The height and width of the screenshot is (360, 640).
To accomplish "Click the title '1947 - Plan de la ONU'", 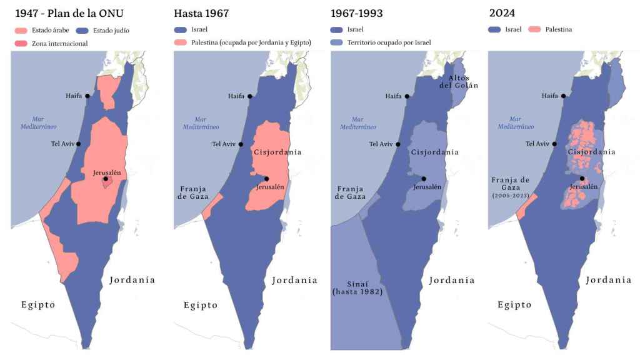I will click(x=69, y=12).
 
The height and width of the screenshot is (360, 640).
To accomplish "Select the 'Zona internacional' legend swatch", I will click(x=22, y=43).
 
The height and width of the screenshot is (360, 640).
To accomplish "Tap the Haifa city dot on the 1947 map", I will click(x=87, y=96).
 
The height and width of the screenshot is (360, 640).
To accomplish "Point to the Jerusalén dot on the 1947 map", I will click(x=106, y=179).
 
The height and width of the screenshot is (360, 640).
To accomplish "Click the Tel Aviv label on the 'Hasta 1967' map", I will click(x=224, y=144).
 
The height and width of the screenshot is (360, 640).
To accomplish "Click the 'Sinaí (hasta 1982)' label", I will click(x=357, y=288).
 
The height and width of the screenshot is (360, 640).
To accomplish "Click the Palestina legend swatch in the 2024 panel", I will click(x=534, y=29).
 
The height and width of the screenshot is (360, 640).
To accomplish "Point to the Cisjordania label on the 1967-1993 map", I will click(x=434, y=152).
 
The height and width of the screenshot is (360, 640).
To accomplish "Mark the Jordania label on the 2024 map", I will click(x=608, y=280).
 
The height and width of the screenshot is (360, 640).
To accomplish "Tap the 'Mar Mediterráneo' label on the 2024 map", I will click(x=515, y=122).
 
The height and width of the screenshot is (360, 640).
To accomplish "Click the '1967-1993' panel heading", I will click(x=357, y=12).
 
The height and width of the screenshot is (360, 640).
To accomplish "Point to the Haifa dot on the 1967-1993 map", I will click(x=407, y=96).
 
